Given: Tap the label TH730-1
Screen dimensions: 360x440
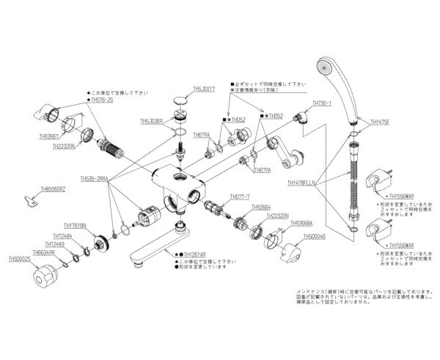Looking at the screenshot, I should point(323,103).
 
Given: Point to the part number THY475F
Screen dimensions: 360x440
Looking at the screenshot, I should point(381,123).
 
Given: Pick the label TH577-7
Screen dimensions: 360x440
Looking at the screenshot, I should point(240,196).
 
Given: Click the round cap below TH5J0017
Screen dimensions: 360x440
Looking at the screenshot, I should point(178,100).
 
